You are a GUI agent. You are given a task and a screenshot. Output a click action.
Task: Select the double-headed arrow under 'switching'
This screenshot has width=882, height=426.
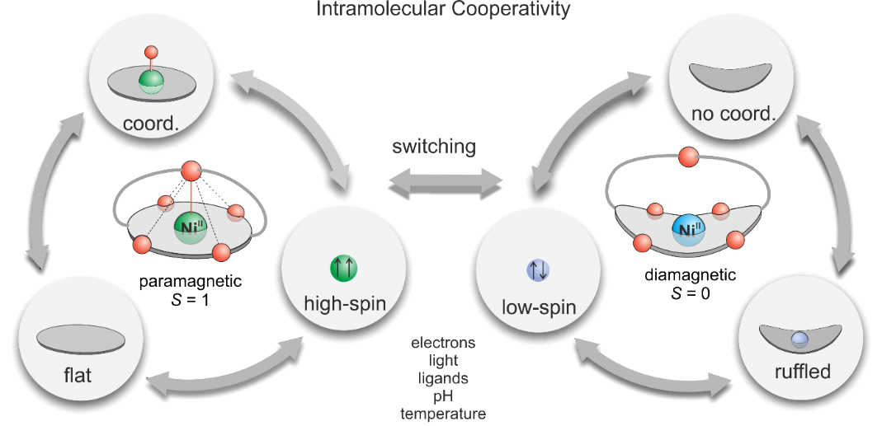point(446,180)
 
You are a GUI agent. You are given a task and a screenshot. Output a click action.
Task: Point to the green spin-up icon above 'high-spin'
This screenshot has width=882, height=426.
point(342,269)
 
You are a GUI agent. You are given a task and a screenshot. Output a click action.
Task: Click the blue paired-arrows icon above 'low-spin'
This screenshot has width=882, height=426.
point(537,269)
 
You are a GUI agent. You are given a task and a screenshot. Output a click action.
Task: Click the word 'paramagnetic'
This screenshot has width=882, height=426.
point(191,280)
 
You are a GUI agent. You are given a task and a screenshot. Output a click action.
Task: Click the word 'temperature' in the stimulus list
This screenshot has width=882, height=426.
point(443,412)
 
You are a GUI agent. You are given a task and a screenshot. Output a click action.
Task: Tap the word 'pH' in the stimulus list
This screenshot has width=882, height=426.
point(443,395)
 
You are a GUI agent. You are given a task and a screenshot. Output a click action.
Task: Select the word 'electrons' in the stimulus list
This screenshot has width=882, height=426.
point(443,343)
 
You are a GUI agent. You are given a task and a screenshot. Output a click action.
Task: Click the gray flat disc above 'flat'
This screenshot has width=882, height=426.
point(81,338)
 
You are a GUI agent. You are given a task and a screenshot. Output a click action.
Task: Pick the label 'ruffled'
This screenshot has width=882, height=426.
point(802,372)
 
